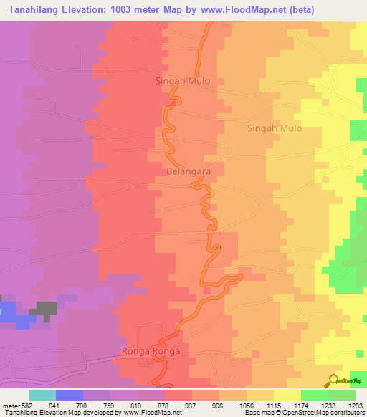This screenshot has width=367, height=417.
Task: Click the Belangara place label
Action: click(x=189, y=173)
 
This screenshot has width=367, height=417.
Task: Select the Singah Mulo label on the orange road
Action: click(x=183, y=81)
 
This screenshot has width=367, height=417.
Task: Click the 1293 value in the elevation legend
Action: click(x=356, y=403)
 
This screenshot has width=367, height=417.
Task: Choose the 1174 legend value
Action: click(x=301, y=403)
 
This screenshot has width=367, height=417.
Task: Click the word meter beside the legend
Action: click(x=11, y=403)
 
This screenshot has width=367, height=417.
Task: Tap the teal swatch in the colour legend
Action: click(x=42, y=394)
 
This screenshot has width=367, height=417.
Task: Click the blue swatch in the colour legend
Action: click(x=70, y=394)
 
